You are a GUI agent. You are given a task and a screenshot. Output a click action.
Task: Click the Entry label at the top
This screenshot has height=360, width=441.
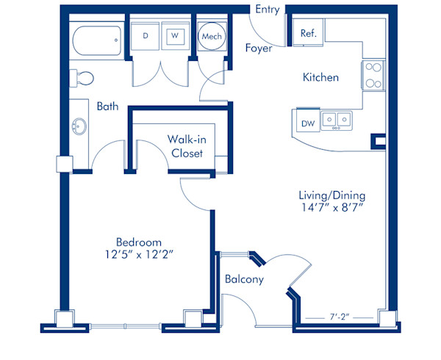268,10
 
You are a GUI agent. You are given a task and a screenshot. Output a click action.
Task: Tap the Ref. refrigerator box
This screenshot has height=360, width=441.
309,32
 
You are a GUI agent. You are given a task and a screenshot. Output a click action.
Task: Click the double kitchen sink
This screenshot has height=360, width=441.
337,120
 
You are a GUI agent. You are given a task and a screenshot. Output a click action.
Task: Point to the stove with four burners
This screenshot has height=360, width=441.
373,76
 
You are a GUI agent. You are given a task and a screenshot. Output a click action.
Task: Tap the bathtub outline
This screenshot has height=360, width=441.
97,40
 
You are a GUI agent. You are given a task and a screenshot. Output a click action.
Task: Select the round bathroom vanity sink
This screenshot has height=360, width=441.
79,126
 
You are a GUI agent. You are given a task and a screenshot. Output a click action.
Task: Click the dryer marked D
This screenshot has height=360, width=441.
145,36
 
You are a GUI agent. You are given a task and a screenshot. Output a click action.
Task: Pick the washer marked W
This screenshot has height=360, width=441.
175,36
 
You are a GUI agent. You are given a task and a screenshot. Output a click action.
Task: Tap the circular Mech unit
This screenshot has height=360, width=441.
212,36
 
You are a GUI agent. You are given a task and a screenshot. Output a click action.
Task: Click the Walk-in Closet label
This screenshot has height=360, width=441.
187,146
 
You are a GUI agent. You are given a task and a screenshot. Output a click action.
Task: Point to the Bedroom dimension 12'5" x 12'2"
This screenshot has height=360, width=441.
139,255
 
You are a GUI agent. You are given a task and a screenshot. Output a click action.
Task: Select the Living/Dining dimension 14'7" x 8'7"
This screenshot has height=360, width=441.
332,207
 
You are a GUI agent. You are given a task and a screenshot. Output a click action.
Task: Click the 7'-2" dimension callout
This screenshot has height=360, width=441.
340,317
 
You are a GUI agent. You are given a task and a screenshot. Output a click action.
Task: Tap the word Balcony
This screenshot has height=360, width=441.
244,279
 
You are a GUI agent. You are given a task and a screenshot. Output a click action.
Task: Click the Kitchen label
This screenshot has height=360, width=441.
320,77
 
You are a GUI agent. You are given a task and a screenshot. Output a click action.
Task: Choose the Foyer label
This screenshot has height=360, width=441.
259,48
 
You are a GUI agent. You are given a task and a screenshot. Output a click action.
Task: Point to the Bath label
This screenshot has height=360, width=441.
107,107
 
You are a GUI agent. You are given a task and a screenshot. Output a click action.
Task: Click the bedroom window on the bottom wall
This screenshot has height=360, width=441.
125,326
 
